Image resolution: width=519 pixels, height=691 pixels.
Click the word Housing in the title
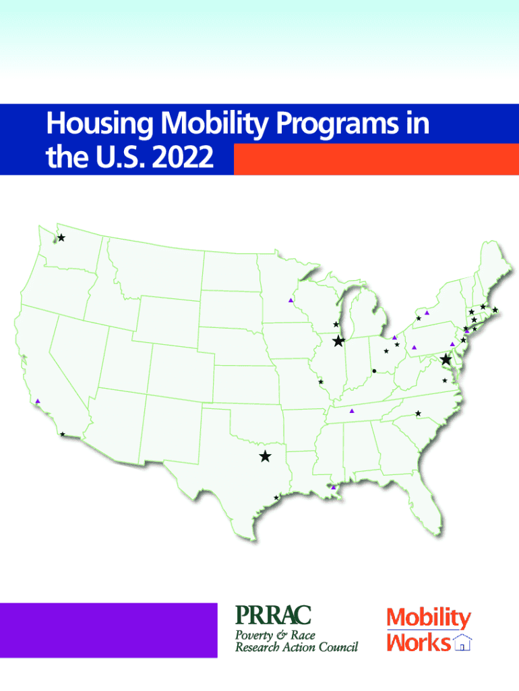click(x=100, y=124)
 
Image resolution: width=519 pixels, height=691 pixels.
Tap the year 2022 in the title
click(x=183, y=157)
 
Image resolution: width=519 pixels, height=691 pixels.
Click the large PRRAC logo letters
click(x=274, y=615)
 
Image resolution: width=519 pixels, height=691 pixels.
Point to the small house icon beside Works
click(x=462, y=642)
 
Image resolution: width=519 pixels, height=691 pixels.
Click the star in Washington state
click(x=61, y=238)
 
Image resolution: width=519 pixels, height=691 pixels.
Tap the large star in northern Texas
click(x=265, y=456)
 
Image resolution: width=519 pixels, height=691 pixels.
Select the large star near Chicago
click(x=338, y=341)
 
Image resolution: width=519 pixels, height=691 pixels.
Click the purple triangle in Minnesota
click(x=291, y=300)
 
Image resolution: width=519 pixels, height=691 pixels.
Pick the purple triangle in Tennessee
click(x=352, y=411)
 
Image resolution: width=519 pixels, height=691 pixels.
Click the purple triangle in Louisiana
click(x=333, y=487)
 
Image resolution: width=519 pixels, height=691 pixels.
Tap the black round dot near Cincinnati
click(x=374, y=371)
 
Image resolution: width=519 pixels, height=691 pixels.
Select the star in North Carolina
click(x=418, y=414)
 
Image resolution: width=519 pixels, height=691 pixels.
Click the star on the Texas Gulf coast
click(x=276, y=497)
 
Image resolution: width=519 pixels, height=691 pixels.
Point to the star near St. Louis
click(x=321, y=382)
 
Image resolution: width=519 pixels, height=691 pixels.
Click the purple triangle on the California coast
click(x=38, y=401)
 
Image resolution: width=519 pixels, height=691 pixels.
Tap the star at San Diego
click(x=63, y=434)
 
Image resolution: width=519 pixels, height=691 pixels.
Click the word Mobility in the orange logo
click(x=429, y=618)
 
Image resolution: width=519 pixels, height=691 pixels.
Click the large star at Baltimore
click(x=446, y=359)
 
